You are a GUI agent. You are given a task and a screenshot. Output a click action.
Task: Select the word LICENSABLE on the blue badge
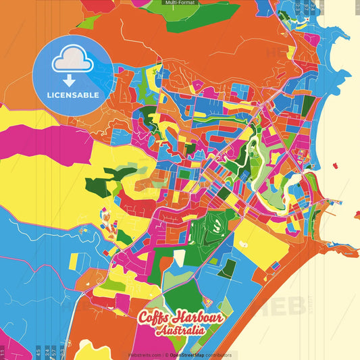pyautogui.click(x=74, y=95)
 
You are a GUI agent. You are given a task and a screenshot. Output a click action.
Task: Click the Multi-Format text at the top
pyautogui.click(x=180, y=3)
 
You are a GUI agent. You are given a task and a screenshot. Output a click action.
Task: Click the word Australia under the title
pyautogui.click(x=180, y=332)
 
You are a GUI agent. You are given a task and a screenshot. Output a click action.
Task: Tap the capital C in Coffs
pyautogui.click(x=144, y=319)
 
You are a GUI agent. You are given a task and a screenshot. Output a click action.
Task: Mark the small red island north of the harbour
pyautogui.click(x=336, y=163)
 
